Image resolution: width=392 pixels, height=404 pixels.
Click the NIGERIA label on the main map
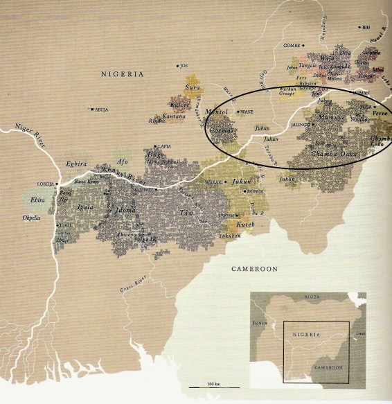pos(122,73)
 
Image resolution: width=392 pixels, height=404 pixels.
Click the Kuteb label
pos(246,225)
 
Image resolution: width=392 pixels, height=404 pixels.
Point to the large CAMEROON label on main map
pos(253,268)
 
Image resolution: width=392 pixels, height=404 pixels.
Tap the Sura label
pos(192,87)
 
